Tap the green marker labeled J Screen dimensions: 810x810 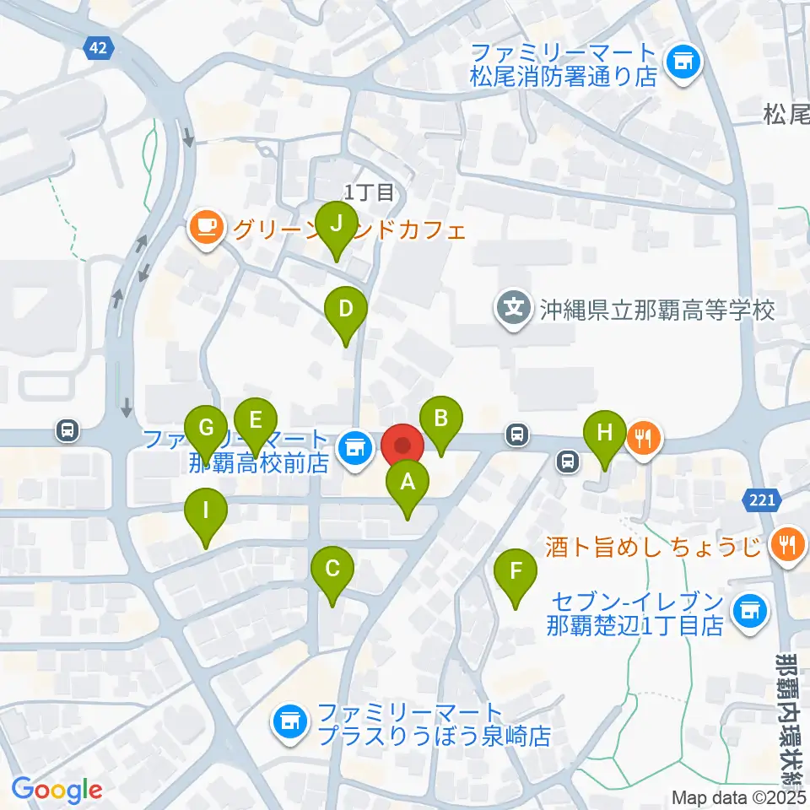[337, 224]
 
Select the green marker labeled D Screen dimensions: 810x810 [346, 309]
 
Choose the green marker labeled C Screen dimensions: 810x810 [332, 569]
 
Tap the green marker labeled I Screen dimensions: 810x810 [207, 511]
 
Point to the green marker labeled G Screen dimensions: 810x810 [206, 427]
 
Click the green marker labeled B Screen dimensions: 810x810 [440, 418]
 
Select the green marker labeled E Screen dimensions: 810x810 [256, 419]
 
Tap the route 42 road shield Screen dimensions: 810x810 [98, 49]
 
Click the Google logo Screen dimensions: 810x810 [57, 791]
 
